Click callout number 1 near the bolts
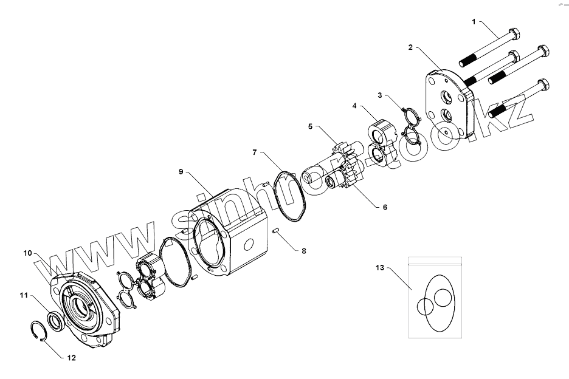coord(474,21)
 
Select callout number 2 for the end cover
coord(411,47)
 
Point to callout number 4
coord(354,106)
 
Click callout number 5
coord(310,126)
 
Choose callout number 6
coord(384,207)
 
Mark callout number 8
coord(296,250)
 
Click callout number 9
coord(181,172)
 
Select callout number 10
coord(27,252)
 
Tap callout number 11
coord(23,295)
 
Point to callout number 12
coord(71,358)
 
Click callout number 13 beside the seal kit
coord(380,267)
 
